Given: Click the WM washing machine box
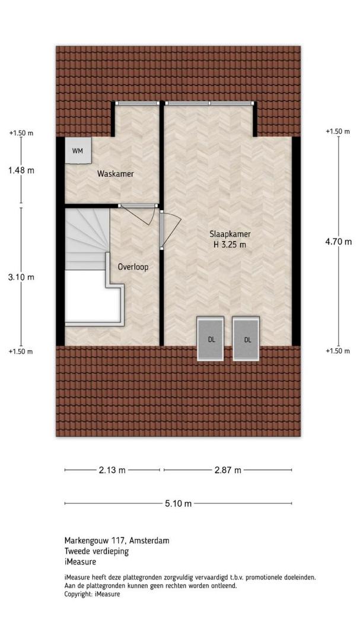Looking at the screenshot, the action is click(x=78, y=150).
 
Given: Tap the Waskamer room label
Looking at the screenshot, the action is click(x=115, y=174).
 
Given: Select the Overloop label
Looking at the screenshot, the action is click(x=133, y=267).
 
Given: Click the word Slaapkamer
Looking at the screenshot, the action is click(x=230, y=234).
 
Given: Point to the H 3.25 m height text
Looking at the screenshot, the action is click(x=230, y=245).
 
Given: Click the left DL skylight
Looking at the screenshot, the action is click(x=211, y=338).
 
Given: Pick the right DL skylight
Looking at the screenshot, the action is click(x=246, y=338).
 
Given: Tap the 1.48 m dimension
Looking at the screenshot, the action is click(x=21, y=170).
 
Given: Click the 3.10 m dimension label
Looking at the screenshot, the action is click(x=21, y=277).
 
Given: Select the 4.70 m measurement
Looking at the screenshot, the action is click(x=338, y=242).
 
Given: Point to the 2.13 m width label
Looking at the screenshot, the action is click(x=112, y=470).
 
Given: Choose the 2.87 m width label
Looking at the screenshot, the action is click(x=228, y=470).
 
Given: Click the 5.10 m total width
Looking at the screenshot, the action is click(x=178, y=504).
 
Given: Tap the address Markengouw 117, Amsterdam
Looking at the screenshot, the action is click(x=117, y=541).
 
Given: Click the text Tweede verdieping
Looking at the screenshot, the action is click(x=97, y=551).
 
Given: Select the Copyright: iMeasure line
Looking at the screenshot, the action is click(x=93, y=594).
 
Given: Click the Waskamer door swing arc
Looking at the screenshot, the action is click(x=151, y=217).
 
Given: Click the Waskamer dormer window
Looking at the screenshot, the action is click(x=137, y=103).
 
